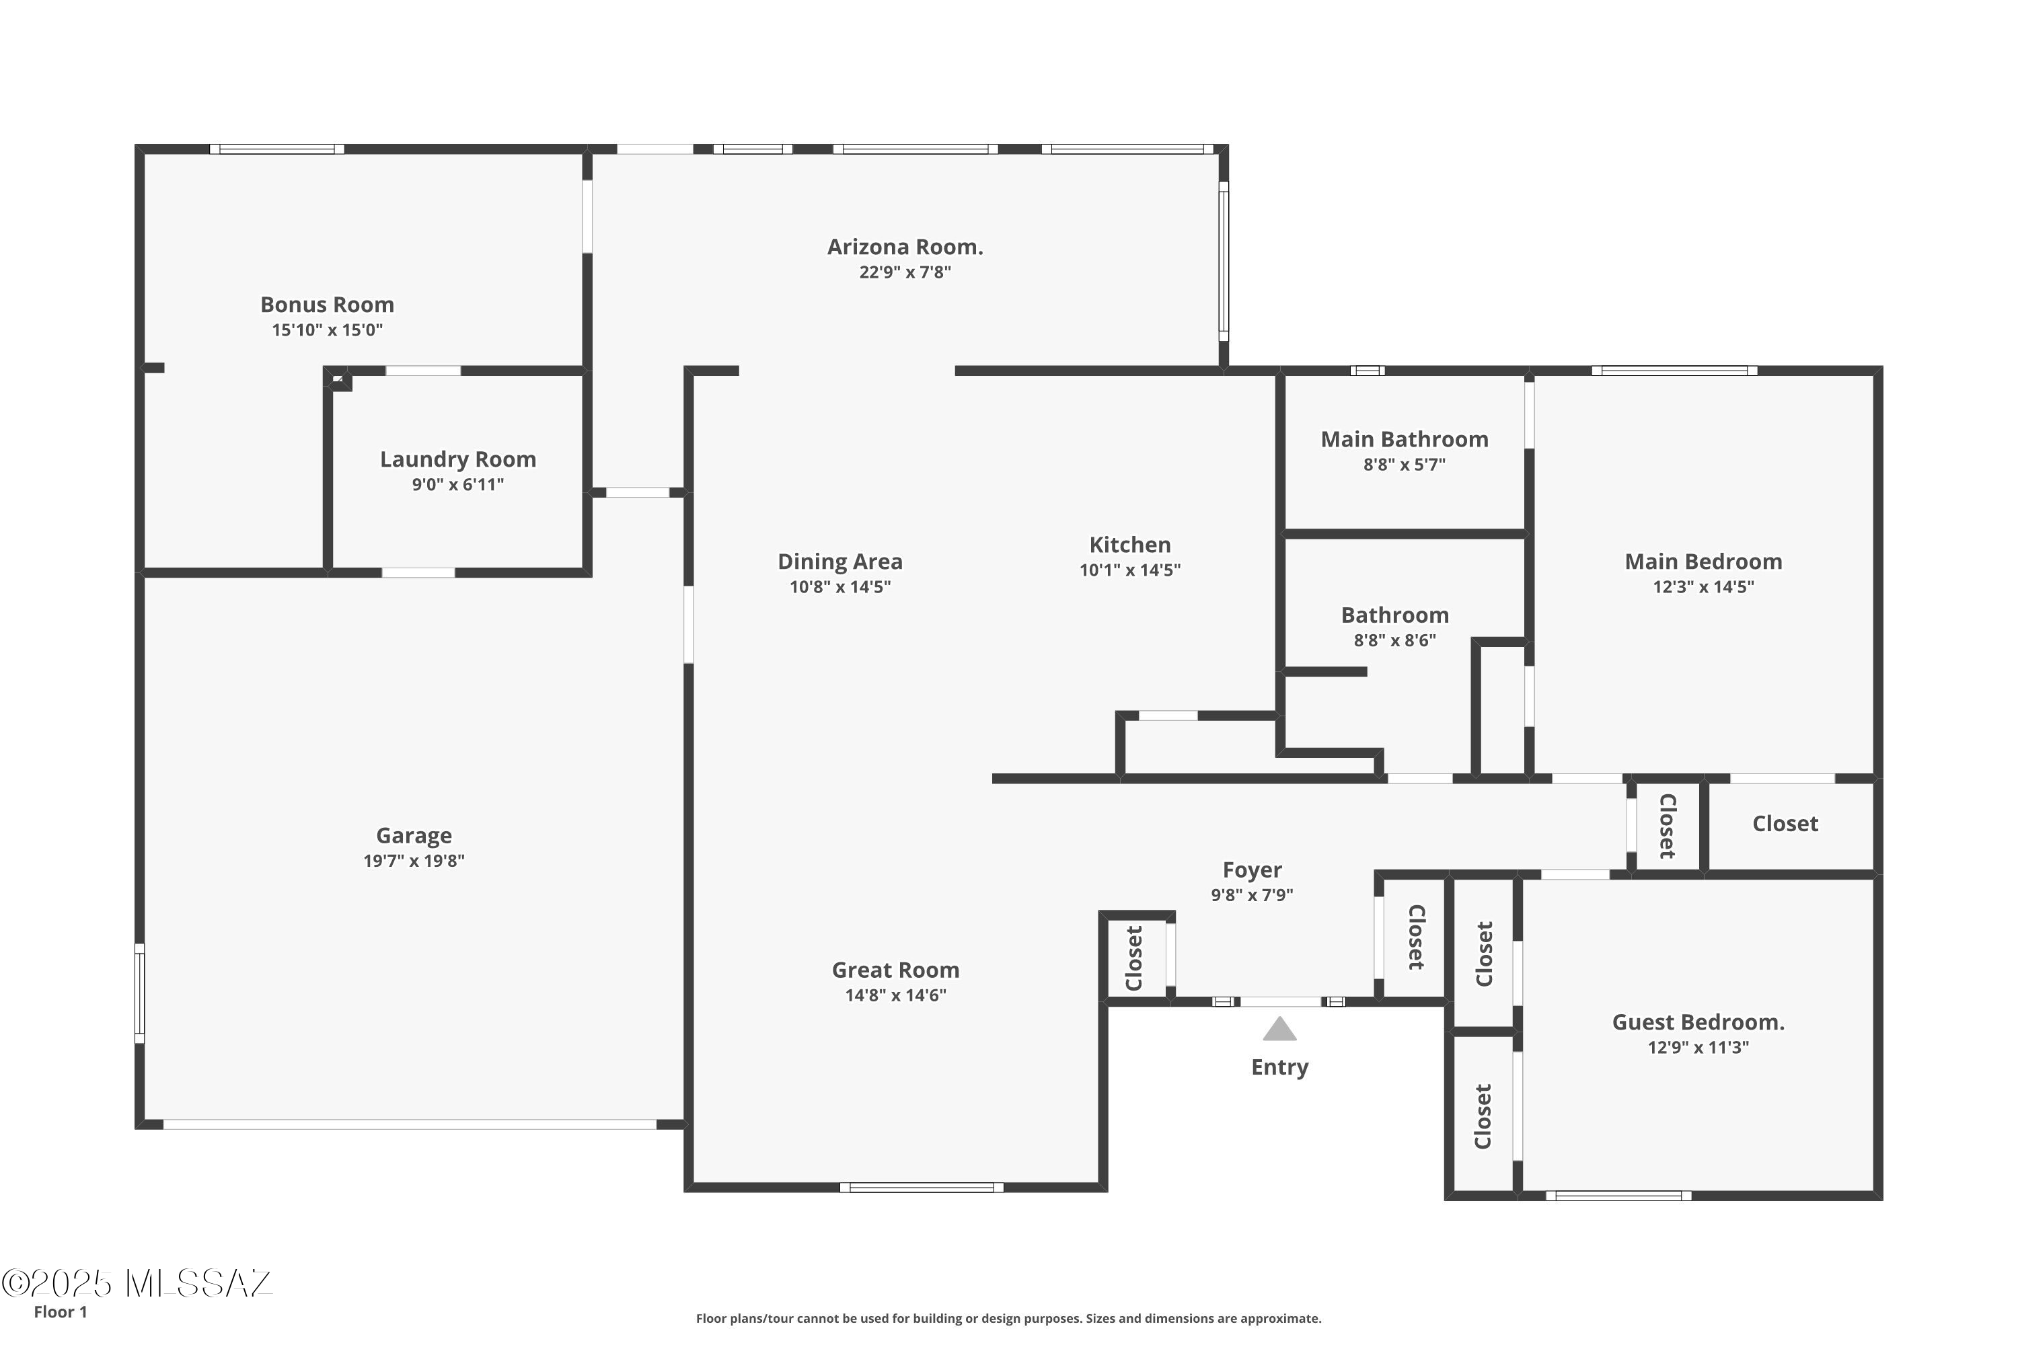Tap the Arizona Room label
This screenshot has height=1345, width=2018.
click(905, 247)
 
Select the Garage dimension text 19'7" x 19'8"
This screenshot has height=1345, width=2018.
click(414, 860)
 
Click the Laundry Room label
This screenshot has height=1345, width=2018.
click(458, 460)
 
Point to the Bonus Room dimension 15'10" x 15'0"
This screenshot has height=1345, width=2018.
click(327, 330)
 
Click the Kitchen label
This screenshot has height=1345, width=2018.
click(1130, 545)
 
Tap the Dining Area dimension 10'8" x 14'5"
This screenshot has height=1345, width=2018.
click(840, 586)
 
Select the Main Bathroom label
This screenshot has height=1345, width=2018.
click(1405, 439)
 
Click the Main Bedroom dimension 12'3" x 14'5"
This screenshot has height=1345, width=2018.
click(1703, 586)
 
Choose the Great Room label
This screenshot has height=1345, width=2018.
click(896, 970)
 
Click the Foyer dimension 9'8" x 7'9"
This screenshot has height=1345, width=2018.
click(1252, 894)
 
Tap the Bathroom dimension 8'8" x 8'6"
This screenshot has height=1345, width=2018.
click(1395, 640)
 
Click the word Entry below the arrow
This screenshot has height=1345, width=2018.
click(1279, 1067)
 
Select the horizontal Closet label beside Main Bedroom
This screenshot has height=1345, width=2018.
click(1785, 823)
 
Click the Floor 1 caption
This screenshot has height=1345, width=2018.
click(60, 1311)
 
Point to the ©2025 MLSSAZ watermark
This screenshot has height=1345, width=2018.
click(137, 1283)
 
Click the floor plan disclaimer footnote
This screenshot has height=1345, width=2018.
click(1008, 1318)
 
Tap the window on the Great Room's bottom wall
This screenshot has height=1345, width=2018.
click(922, 1187)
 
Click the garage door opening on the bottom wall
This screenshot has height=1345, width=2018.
click(410, 1124)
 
